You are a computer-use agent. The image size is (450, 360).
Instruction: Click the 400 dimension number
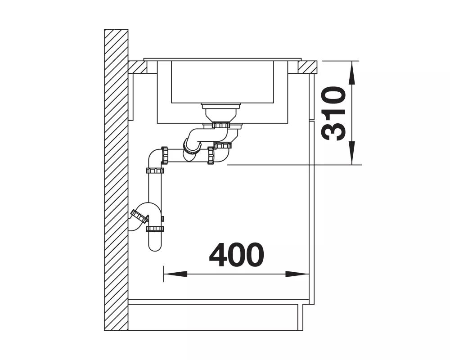pos(237,255)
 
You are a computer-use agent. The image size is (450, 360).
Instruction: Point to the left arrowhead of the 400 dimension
pos(175,274)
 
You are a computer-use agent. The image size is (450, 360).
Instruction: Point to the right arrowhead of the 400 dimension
pos(297,274)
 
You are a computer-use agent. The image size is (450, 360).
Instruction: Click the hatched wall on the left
pos(116,180)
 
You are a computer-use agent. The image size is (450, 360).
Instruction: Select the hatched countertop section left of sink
pos(138,67)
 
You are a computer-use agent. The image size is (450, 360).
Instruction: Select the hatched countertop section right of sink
pos(307,67)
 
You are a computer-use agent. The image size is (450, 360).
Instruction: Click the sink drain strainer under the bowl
pos(220,106)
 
